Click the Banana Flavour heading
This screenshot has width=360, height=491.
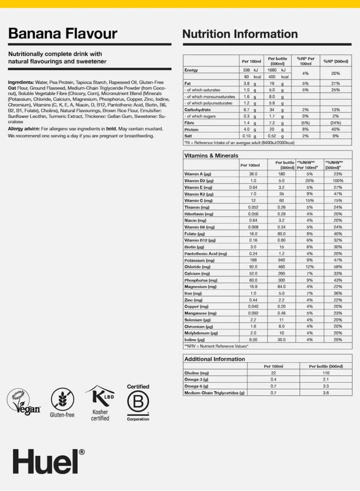coord(63,34)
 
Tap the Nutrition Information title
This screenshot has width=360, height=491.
coord(240,34)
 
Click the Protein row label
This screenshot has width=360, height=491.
coord(192,129)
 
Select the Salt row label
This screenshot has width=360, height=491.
coord(189,135)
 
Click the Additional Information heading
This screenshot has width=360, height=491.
coord(215,359)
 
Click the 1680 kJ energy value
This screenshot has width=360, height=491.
coord(275,70)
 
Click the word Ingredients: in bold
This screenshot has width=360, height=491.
coord(21,83)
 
